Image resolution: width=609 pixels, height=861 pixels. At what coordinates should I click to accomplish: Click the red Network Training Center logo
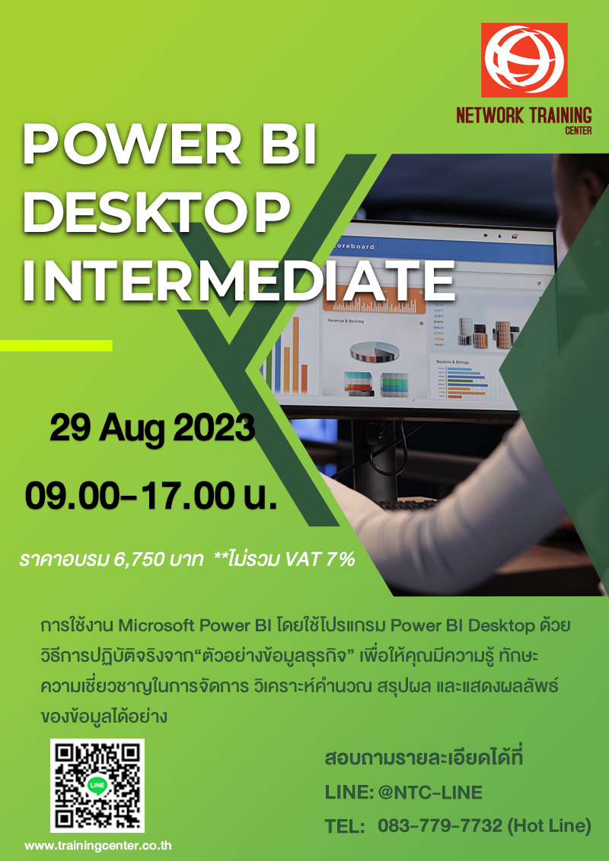pyautogui.click(x=524, y=60)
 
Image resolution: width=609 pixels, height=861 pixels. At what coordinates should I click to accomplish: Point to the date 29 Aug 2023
pyautogui.click(x=151, y=428)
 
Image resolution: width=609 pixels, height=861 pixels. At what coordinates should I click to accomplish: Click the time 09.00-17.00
pyautogui.click(x=129, y=495)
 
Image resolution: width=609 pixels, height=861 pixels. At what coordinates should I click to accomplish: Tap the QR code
pyautogui.click(x=97, y=786)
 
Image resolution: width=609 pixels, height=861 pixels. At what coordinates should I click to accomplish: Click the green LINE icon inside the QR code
pyautogui.click(x=97, y=785)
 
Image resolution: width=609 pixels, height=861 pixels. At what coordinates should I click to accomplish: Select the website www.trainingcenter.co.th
pyautogui.click(x=97, y=845)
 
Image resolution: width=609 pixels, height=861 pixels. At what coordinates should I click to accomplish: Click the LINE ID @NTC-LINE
pyautogui.click(x=430, y=793)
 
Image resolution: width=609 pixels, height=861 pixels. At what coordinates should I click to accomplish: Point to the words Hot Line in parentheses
pyautogui.click(x=549, y=826)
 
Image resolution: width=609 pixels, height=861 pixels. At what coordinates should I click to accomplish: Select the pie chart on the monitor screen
pyautogui.click(x=374, y=351)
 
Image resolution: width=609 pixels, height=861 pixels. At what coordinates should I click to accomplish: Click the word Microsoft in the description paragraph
pyautogui.click(x=158, y=626)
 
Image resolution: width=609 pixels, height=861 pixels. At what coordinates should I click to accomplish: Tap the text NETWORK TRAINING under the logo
pyautogui.click(x=524, y=116)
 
